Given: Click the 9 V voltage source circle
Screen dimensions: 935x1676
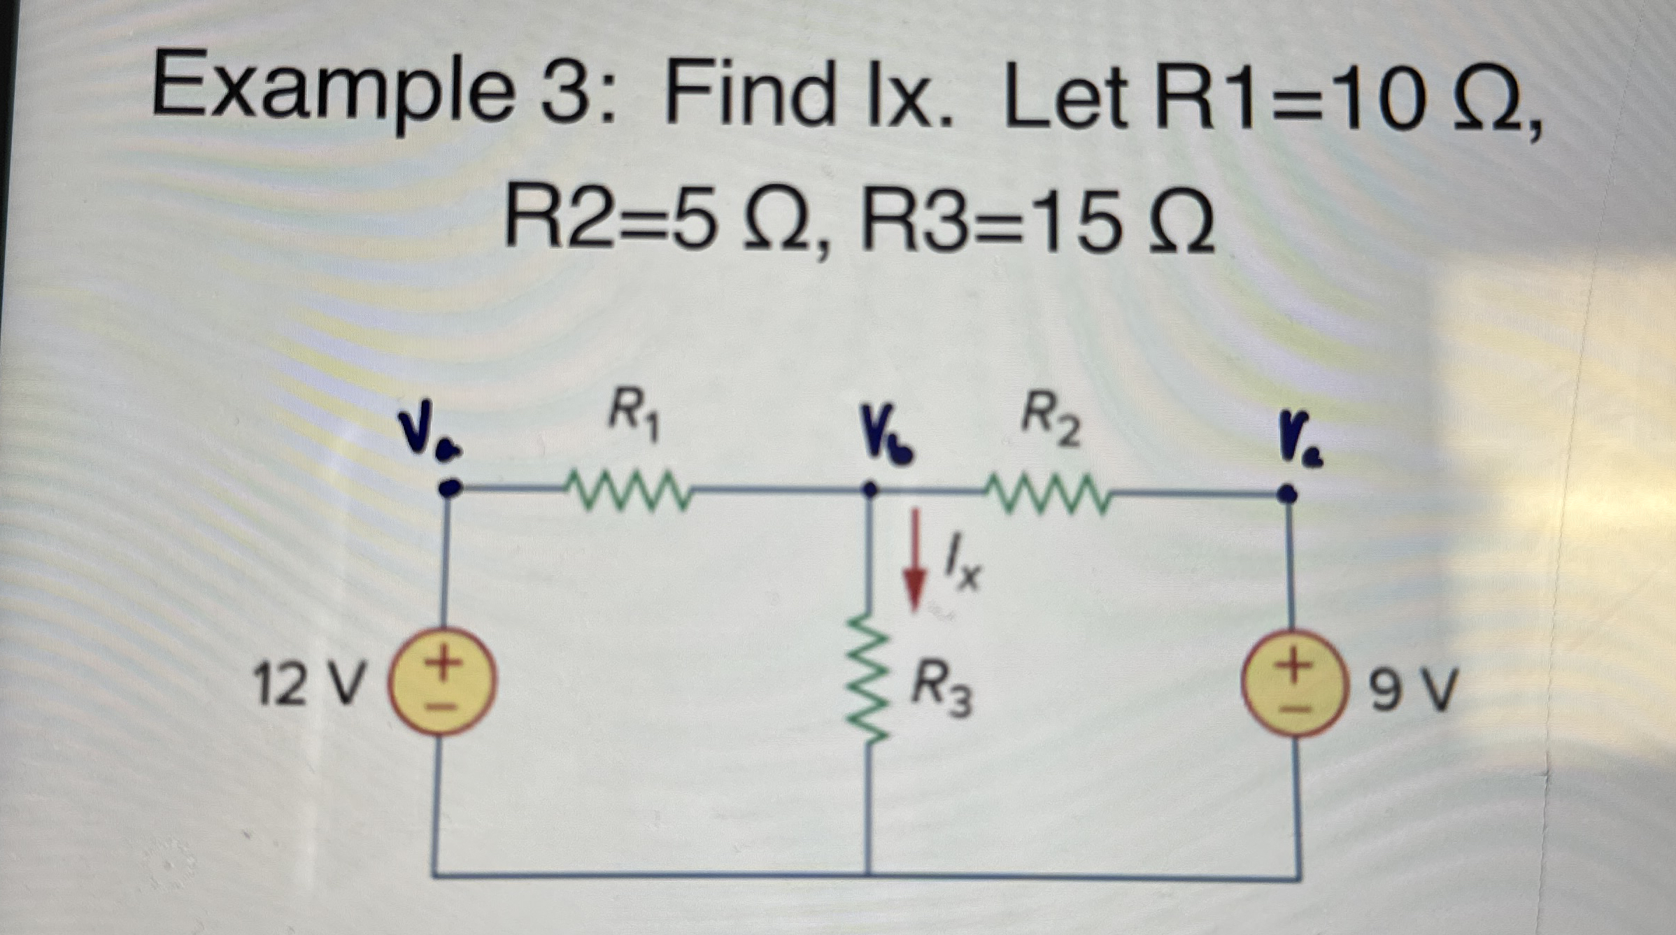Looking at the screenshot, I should click(x=1293, y=683).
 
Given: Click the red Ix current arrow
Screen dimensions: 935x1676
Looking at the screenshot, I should click(x=914, y=559).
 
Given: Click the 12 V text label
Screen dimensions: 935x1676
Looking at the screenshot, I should click(x=308, y=684).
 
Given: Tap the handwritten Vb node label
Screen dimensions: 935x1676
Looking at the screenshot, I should click(x=886, y=441).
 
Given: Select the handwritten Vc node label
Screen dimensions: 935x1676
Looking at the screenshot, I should click(x=1300, y=441).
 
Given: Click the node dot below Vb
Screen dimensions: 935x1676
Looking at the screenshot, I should click(x=869, y=489).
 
